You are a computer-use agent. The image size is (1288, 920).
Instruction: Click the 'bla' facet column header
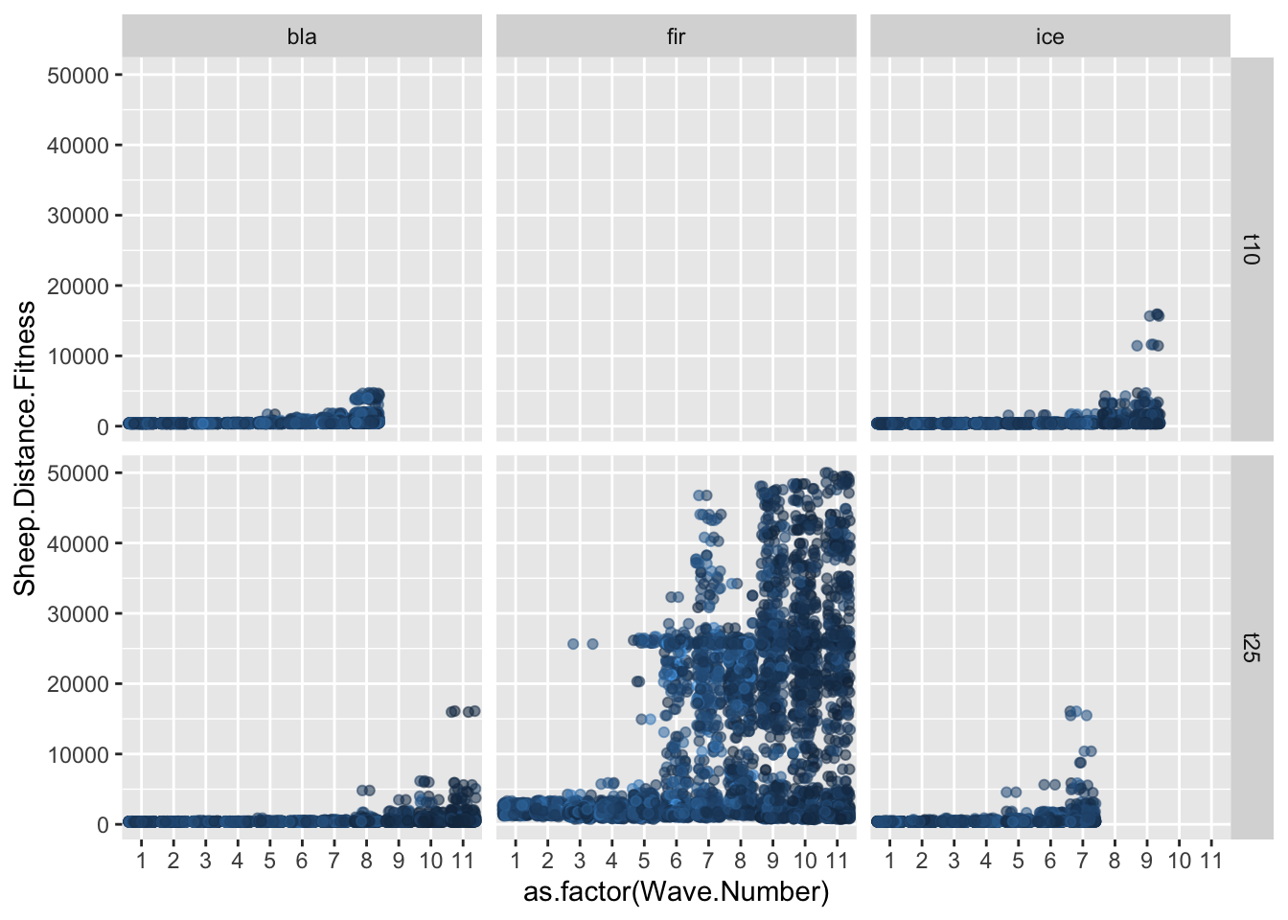[302, 37]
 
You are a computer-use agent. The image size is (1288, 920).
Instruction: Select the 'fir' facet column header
[676, 37]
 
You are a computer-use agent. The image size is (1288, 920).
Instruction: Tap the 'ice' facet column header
[1049, 37]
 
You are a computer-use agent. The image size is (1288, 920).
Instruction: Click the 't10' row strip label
[1251, 249]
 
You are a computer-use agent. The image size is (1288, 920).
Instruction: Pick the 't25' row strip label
[1251, 647]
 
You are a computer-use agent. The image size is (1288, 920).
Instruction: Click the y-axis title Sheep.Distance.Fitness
[25, 448]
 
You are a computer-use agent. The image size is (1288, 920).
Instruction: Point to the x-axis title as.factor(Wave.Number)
[676, 892]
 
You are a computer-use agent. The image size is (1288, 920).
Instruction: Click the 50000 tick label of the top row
[78, 76]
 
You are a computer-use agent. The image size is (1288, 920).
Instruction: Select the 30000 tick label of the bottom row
[78, 614]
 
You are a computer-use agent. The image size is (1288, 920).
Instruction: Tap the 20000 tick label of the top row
[78, 287]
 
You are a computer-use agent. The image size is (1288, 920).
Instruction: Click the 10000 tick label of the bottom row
[78, 755]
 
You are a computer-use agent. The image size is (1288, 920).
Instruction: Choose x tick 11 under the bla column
[463, 861]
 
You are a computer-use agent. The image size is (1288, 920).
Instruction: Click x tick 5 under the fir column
[644, 861]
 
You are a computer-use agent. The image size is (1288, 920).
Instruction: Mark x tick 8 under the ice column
[1115, 861]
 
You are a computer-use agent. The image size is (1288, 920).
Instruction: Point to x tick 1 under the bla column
[141, 861]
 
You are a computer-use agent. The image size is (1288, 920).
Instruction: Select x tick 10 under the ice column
[1179, 861]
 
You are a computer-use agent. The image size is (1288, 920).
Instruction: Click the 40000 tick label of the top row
[78, 146]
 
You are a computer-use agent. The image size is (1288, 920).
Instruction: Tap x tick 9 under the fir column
[772, 861]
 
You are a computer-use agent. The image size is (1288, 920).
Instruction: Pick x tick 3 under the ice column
[954, 861]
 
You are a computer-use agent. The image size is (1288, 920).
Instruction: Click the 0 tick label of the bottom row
[103, 825]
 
